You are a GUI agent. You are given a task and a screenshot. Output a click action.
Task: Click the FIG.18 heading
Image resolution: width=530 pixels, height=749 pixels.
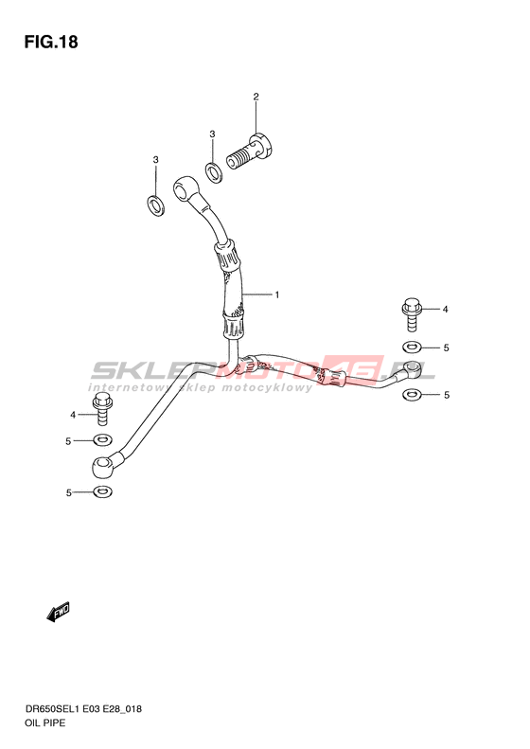(x=51, y=42)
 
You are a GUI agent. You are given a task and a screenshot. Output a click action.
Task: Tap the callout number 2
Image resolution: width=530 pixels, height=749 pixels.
(x=256, y=97)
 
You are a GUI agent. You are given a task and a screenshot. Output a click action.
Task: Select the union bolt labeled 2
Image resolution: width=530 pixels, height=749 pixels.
(x=249, y=151)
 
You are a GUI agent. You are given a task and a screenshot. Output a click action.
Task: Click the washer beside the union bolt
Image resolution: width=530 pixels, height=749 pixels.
(x=213, y=172)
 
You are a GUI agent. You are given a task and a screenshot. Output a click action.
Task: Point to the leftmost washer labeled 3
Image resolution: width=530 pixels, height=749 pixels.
(x=155, y=205)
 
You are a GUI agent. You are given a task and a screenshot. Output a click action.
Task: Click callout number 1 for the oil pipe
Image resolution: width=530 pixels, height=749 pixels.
(x=277, y=294)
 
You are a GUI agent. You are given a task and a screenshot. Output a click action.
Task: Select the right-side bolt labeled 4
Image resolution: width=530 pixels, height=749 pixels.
(x=411, y=313)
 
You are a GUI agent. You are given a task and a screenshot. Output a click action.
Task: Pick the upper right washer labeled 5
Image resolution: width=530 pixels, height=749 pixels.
(x=412, y=346)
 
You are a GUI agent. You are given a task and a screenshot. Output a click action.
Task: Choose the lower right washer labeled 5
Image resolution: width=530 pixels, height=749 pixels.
(x=412, y=394)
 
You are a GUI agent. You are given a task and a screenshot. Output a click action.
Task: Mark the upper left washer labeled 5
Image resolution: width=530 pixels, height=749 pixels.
(x=102, y=439)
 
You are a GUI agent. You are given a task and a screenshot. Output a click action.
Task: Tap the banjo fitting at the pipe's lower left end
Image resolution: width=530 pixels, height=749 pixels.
(x=102, y=465)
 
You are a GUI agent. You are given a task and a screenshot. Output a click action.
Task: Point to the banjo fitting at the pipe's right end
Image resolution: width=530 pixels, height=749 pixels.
(x=413, y=368)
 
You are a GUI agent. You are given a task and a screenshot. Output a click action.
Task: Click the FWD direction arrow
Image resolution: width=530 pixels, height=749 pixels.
(x=59, y=612)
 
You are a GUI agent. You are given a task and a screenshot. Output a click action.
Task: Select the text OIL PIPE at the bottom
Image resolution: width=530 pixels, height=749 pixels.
(x=44, y=722)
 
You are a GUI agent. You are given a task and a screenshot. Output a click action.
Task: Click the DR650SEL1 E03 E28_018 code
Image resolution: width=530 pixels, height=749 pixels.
(x=83, y=709)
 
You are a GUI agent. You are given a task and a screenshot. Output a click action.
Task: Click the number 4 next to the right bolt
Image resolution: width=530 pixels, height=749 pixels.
(x=445, y=310)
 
